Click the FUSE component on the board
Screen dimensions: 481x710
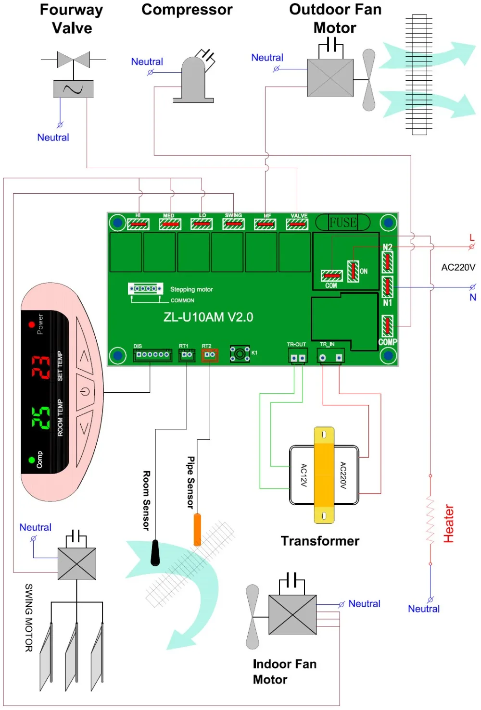pos(342,222)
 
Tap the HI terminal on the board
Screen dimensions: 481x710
pos(138,224)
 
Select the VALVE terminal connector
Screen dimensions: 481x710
pos(297,224)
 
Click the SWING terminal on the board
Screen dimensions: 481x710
pos(233,224)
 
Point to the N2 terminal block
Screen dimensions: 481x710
pos(387,262)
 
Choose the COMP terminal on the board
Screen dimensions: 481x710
pos(387,326)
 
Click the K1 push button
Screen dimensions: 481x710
pos(240,354)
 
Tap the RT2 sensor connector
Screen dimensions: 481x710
pos(210,355)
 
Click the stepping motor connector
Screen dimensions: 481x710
pos(146,288)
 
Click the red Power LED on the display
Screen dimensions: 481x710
pos(31,324)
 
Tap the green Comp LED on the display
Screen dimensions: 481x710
pos(31,460)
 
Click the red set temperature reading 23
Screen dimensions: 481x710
pos(41,367)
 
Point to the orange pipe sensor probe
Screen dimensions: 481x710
pos(197,530)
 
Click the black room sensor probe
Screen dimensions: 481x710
pos(155,552)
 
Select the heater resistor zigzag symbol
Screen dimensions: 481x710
pos(430,520)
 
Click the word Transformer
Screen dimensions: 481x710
pos(320,541)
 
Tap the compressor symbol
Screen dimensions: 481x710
pos(193,79)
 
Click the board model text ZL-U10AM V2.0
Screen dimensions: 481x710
pos(208,317)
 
